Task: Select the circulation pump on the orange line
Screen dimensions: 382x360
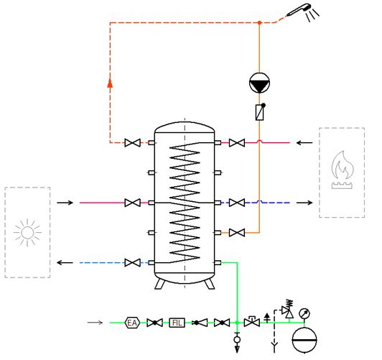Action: click(x=259, y=83)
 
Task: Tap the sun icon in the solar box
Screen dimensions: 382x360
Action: click(x=27, y=233)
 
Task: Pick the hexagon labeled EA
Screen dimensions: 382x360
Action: click(x=132, y=323)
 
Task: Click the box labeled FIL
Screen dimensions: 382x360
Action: click(x=177, y=323)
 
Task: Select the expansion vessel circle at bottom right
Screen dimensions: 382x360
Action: click(x=304, y=340)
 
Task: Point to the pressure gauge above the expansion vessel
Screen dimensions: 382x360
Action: click(x=304, y=313)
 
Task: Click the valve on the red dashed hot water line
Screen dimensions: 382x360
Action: click(x=133, y=142)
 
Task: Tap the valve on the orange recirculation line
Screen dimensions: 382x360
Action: click(x=237, y=233)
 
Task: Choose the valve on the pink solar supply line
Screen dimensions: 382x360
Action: click(x=133, y=203)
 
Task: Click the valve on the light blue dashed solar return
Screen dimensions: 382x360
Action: click(x=133, y=263)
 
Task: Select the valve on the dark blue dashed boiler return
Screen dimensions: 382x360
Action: click(x=237, y=203)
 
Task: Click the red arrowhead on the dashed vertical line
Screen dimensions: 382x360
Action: click(x=110, y=83)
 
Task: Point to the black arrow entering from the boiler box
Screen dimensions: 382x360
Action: click(x=304, y=142)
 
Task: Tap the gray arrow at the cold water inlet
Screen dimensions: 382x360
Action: click(x=95, y=323)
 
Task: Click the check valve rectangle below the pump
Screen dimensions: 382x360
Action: click(x=259, y=112)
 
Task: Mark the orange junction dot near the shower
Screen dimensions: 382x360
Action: click(x=259, y=23)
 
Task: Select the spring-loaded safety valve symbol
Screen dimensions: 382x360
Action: click(x=288, y=309)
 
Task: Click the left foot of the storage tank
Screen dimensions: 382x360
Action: click(x=160, y=285)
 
